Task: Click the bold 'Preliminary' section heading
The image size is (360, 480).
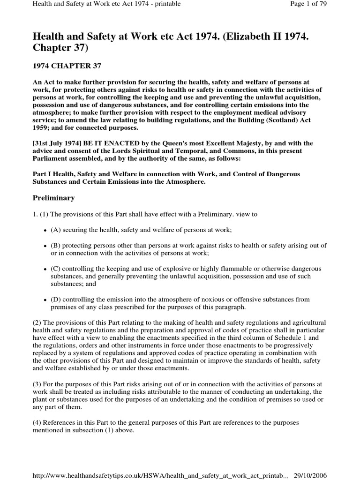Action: click(53, 198)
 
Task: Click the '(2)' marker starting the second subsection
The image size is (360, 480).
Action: click(37, 322)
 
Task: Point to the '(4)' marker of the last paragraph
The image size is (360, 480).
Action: click(37, 422)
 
